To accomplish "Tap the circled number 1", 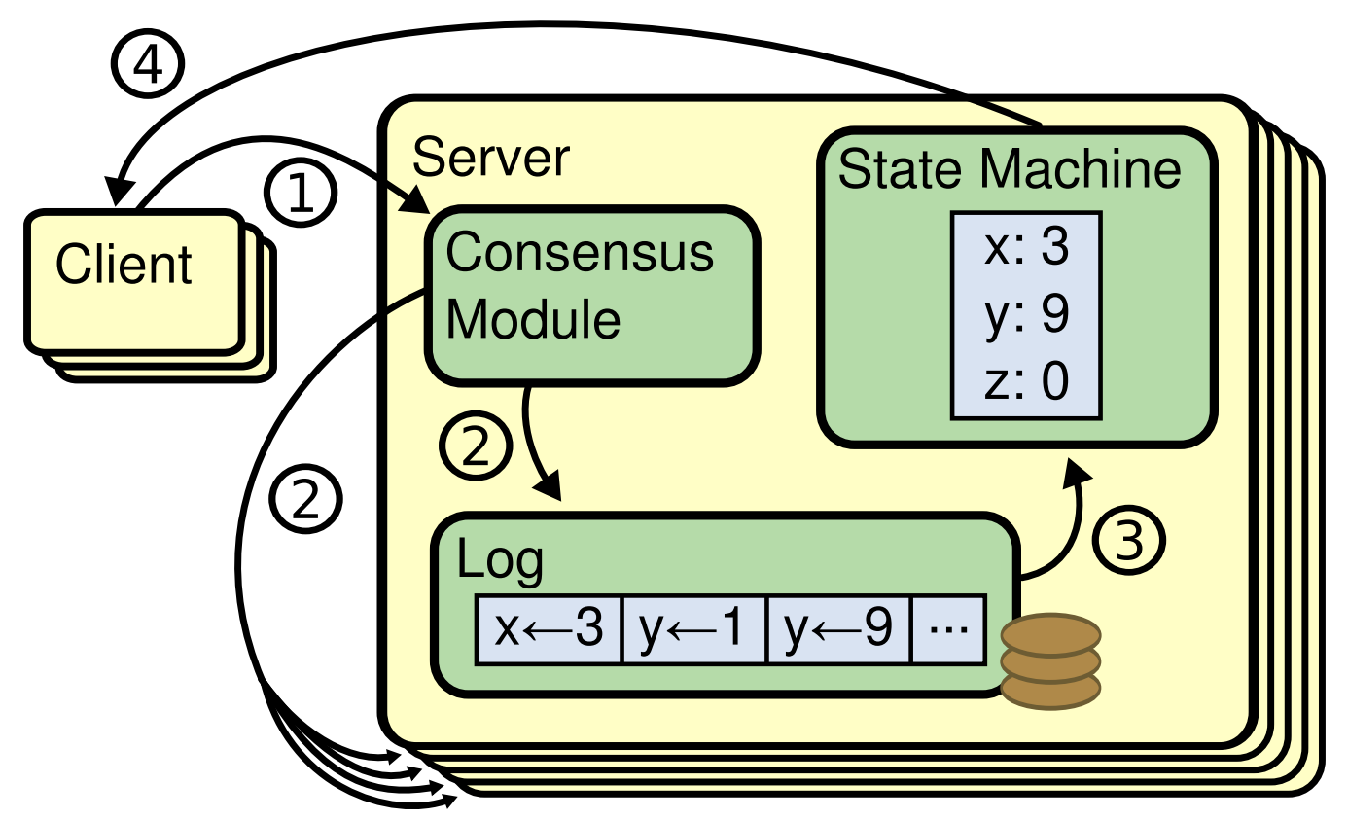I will [302, 193].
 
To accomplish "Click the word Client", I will [124, 265].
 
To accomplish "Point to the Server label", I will [490, 157].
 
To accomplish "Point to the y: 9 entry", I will [1026, 315].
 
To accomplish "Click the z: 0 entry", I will [1026, 381].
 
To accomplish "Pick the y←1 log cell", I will [694, 629].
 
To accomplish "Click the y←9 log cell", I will [839, 629].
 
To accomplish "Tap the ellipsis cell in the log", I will [948, 629].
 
